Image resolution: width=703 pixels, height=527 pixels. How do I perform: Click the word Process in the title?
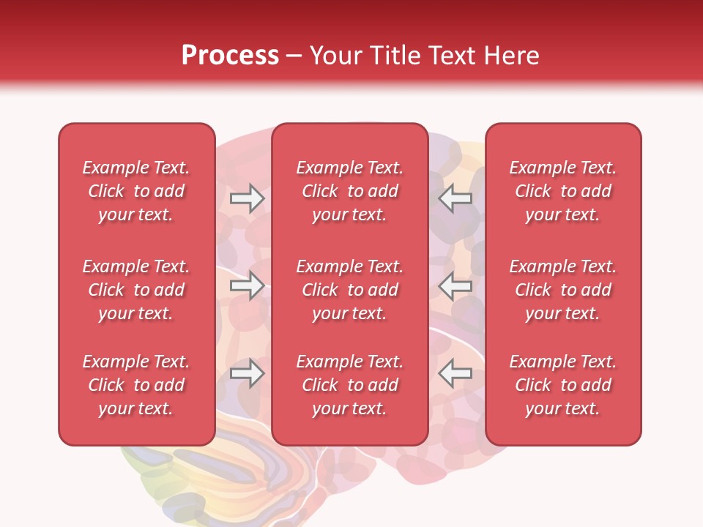point(230,56)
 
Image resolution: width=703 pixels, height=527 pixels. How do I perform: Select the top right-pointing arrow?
point(247,198)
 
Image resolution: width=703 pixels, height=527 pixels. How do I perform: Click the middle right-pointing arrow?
point(247,286)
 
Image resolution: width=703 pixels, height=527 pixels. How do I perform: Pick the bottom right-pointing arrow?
point(247,373)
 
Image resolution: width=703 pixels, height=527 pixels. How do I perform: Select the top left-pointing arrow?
point(455,198)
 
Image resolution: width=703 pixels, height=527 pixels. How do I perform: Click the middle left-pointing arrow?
point(455,286)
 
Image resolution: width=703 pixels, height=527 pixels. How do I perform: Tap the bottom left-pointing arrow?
point(455,373)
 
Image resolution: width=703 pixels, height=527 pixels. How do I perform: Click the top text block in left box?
point(136,191)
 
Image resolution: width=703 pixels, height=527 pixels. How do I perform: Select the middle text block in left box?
point(136,290)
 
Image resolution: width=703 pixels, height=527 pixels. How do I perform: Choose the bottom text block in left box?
point(136,385)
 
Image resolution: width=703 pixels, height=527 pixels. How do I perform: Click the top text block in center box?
point(350,191)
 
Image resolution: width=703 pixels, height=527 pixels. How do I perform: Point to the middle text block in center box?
point(350,290)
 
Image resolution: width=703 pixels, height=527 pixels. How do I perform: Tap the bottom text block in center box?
point(350,385)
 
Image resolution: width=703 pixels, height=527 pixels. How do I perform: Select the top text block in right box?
point(563,191)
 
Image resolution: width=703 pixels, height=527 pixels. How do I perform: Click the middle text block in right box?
point(563,290)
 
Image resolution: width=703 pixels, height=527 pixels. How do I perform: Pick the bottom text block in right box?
point(563,385)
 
